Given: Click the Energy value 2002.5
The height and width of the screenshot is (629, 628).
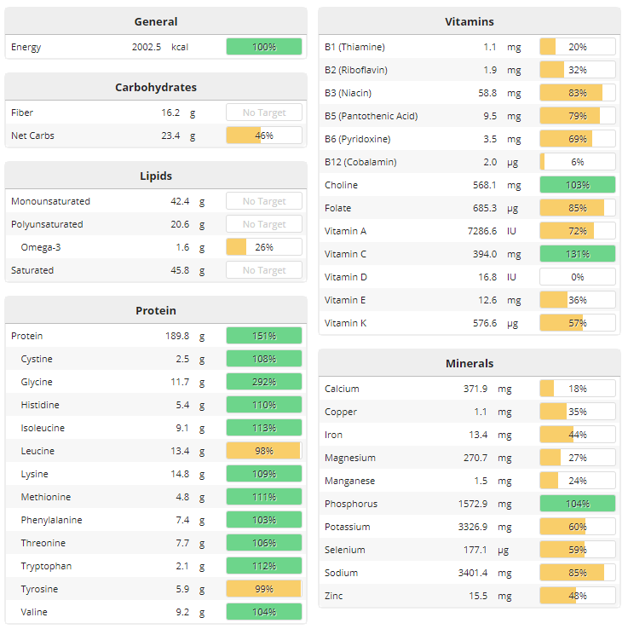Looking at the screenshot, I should tap(147, 47).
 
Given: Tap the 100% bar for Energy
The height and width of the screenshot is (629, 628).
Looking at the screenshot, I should tap(264, 47).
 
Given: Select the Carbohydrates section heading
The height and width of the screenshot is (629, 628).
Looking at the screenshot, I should tap(156, 87).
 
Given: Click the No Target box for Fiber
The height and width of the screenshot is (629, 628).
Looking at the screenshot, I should tap(264, 113).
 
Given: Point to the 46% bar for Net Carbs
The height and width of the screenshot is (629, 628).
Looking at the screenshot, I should tap(264, 136).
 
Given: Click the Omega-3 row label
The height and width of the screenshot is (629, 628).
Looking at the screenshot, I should tap(39, 247).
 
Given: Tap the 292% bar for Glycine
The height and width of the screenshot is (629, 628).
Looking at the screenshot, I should tap(264, 382).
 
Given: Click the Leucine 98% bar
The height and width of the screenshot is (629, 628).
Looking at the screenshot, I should tap(264, 451).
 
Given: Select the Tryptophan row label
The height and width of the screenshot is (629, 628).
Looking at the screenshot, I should tap(46, 566).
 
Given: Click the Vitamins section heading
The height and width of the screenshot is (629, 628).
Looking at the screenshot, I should tap(470, 21).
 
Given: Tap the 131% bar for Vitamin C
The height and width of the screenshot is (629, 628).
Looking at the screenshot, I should tap(578, 254).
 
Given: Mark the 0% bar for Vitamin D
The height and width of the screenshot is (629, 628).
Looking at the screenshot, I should tap(578, 277).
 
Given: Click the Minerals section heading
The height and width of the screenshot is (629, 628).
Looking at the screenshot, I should tap(470, 363).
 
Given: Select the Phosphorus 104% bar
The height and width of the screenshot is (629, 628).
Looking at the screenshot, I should tap(578, 504).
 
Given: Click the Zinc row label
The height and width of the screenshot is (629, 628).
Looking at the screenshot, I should tap(334, 596).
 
